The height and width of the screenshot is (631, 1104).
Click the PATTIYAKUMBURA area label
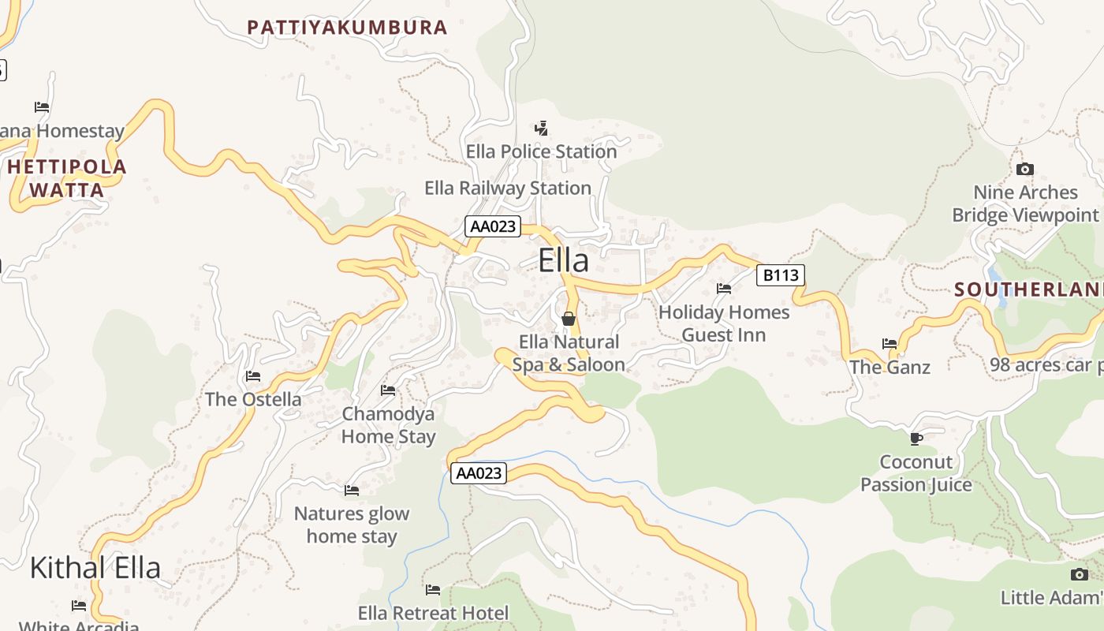347,28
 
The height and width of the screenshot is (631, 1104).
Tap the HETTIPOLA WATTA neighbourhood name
67,178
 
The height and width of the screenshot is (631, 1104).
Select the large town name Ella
563,261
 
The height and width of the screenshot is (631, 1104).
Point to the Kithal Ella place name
95,568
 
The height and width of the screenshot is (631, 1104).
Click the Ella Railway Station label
508,189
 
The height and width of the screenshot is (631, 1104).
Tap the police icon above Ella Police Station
541,128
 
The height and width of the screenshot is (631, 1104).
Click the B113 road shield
780,275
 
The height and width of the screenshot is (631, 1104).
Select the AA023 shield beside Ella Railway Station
493,227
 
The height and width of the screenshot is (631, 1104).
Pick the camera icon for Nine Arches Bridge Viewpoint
1024,170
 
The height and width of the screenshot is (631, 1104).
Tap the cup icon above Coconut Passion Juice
916,439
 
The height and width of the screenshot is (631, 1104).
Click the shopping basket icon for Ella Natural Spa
568,319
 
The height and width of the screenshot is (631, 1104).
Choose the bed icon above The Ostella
252,376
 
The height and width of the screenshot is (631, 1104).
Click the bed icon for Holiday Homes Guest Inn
724,289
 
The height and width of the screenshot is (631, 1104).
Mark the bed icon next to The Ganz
890,344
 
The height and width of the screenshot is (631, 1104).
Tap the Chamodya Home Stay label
388,425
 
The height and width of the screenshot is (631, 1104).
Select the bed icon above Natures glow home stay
352,491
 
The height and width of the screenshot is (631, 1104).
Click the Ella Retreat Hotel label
433,613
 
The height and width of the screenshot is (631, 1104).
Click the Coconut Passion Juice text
916,473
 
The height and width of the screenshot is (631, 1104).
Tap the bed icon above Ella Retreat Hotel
433,590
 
